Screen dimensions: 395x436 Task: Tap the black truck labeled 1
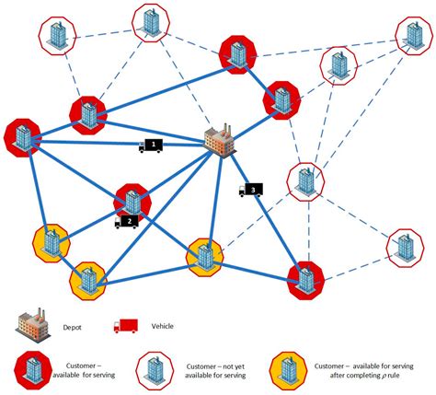[152, 145]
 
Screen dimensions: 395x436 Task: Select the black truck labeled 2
[127, 221]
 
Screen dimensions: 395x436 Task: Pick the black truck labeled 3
[250, 191]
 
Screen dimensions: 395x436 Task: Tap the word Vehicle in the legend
[162, 325]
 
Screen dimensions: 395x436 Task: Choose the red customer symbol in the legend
[29, 366]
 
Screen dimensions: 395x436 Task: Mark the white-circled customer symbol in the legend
[156, 366]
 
